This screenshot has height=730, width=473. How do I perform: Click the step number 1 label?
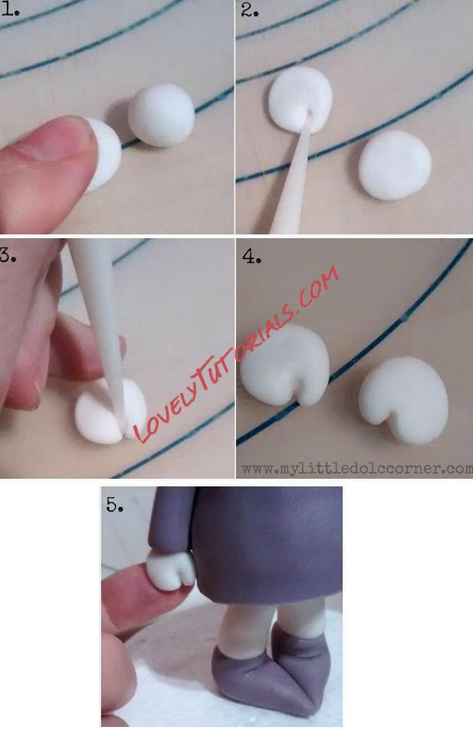pyautogui.click(x=9, y=9)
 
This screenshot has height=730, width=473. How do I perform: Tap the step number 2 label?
pyautogui.click(x=250, y=10)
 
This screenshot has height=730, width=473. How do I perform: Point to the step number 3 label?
pyautogui.click(x=8, y=255)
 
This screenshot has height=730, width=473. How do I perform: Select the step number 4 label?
pyautogui.click(x=251, y=255)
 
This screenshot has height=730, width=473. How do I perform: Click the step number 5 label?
pyautogui.click(x=115, y=504)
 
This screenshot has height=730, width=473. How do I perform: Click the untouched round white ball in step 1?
pyautogui.click(x=161, y=115)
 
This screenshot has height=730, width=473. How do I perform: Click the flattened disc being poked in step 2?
pyautogui.click(x=300, y=99)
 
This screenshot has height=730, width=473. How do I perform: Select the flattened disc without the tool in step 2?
pyautogui.click(x=395, y=165)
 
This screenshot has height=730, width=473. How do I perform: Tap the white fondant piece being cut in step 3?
pyautogui.click(x=111, y=411)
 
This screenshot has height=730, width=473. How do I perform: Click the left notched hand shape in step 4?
pyautogui.click(x=285, y=365)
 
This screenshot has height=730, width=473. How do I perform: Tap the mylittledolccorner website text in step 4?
pyautogui.click(x=356, y=468)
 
